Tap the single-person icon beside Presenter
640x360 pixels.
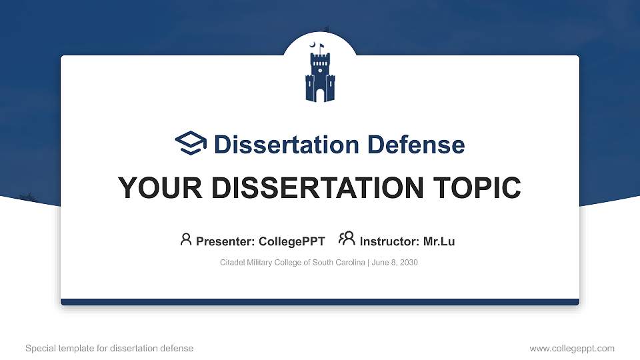tap(186, 239)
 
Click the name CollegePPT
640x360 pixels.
tap(291, 241)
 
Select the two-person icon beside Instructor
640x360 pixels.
tap(347, 239)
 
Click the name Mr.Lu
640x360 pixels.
tap(439, 241)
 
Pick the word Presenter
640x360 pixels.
tap(224, 241)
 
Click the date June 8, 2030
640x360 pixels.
tap(395, 263)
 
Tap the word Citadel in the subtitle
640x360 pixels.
tap(232, 263)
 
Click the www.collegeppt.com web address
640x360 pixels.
tap(572, 348)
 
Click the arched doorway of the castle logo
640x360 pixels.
tap(320, 95)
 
